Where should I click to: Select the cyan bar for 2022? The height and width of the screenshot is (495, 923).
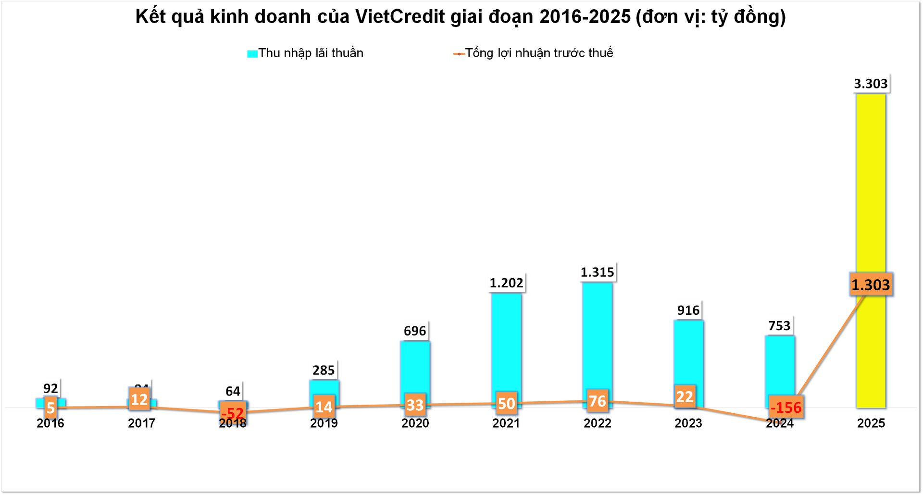[597, 336]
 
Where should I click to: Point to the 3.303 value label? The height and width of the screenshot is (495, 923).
[871, 84]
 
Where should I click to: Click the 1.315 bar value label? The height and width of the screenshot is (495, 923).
[597, 272]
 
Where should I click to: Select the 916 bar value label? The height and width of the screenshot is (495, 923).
[688, 310]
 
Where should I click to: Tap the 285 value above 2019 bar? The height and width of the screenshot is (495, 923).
[324, 371]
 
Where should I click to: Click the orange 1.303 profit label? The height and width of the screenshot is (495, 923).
[871, 285]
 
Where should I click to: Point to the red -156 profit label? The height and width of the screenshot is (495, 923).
[786, 408]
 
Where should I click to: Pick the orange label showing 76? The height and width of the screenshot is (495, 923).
[598, 401]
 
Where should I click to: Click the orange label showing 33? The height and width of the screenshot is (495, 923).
[415, 405]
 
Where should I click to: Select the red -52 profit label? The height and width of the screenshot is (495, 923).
[233, 413]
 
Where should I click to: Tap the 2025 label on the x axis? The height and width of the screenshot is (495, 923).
[871, 423]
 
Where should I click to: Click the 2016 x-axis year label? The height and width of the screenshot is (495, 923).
[50, 423]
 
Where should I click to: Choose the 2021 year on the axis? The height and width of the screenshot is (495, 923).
[506, 423]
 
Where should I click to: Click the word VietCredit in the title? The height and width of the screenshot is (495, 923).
[400, 17]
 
